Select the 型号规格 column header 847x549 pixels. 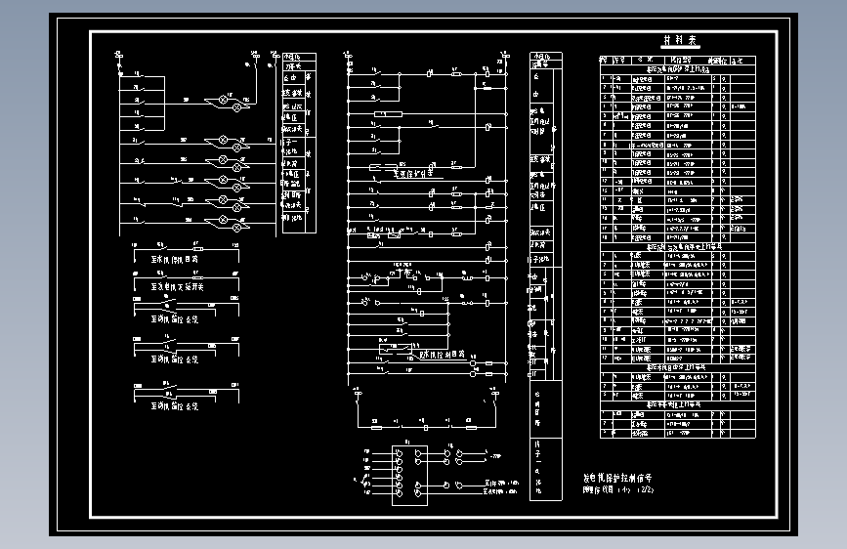[x=679, y=60]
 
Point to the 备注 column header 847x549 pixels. [x=743, y=60]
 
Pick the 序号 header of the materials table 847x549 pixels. [x=605, y=60]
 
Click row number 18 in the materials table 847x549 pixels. [x=606, y=237]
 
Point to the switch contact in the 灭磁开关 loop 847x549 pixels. [x=166, y=275]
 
